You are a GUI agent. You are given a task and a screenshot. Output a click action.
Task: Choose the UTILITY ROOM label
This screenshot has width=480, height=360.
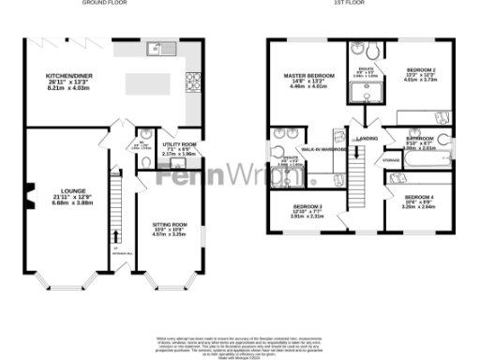(175, 146)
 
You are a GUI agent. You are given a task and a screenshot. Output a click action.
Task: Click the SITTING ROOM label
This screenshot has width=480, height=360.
(170, 225)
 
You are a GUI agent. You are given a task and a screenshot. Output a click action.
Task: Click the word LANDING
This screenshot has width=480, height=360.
(367, 138)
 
